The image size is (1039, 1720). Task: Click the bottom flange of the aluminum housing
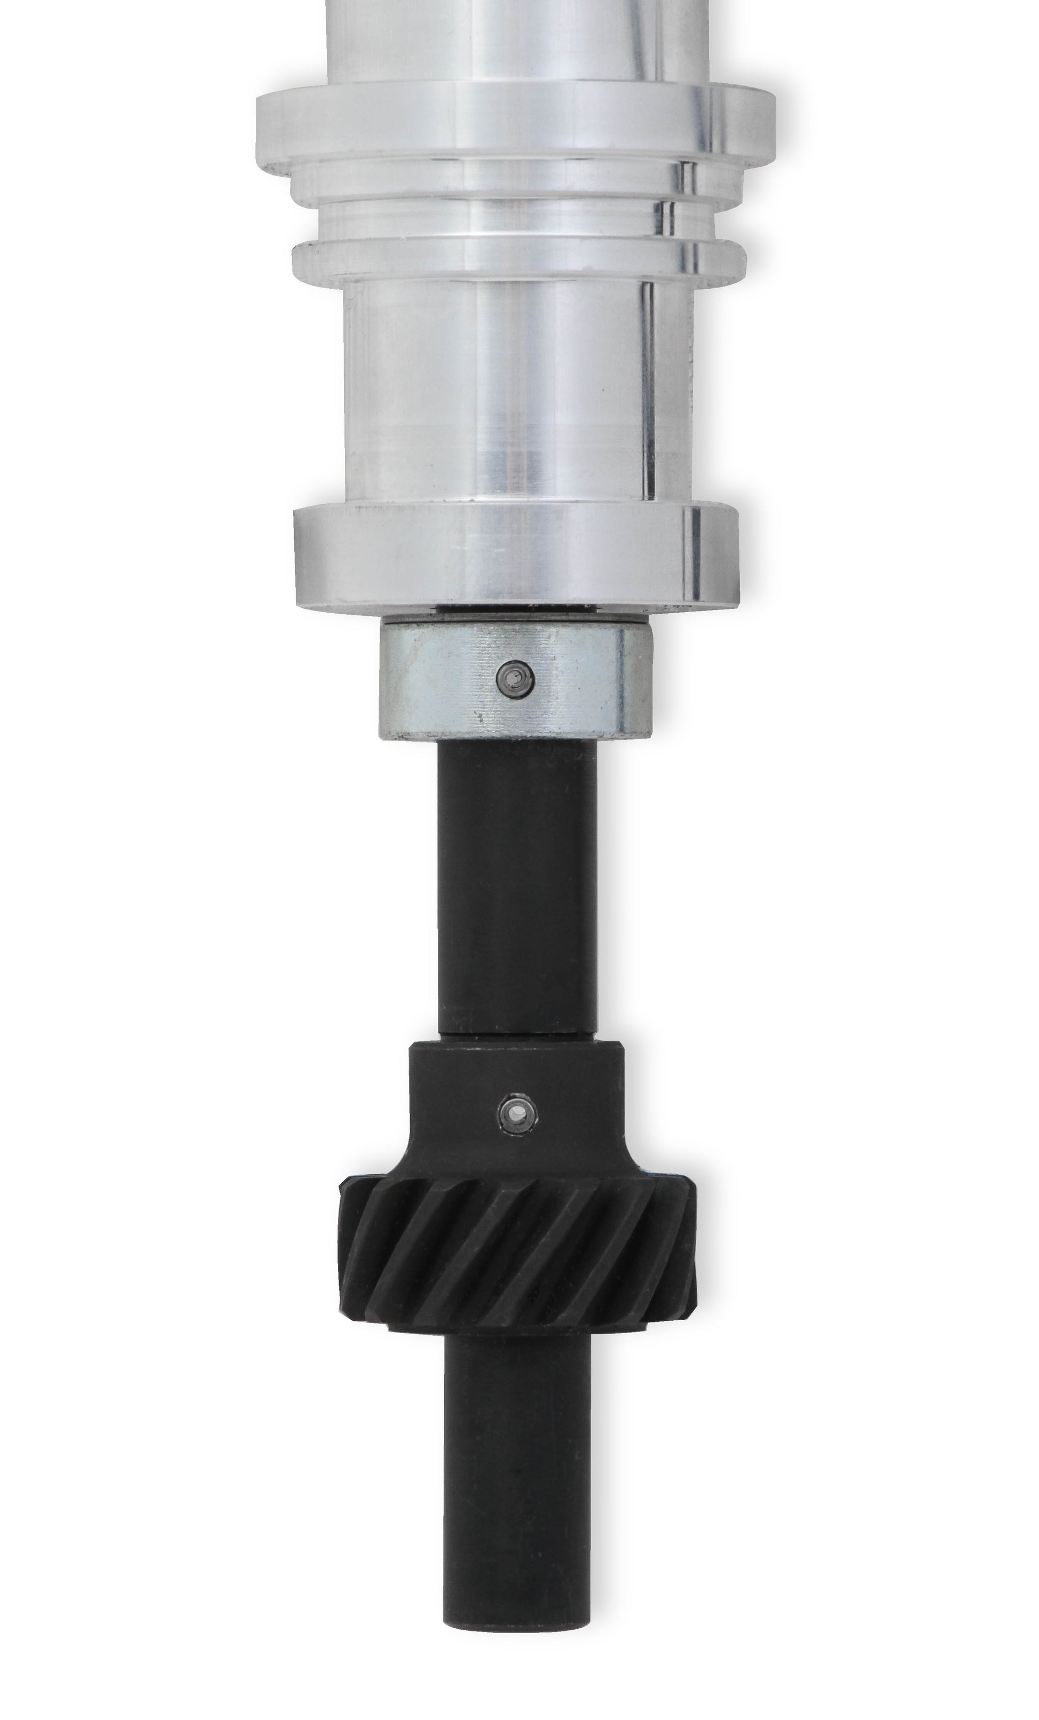(x=517, y=555)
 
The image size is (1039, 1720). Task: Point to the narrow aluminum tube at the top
(x=517, y=35)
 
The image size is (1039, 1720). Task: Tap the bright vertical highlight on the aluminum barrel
(x=646, y=391)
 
